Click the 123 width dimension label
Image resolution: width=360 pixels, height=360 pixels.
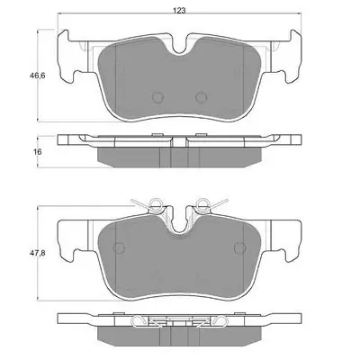click(179, 11)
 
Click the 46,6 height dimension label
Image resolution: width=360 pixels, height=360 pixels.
click(37, 76)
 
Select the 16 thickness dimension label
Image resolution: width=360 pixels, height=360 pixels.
click(38, 152)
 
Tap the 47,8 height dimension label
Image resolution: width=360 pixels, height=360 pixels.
click(37, 253)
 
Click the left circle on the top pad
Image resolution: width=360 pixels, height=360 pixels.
click(157, 97)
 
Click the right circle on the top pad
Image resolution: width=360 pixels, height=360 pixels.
click(202, 97)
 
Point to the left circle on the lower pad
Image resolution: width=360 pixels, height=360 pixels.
click(119, 247)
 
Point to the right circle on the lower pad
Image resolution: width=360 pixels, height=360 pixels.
click(240, 247)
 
